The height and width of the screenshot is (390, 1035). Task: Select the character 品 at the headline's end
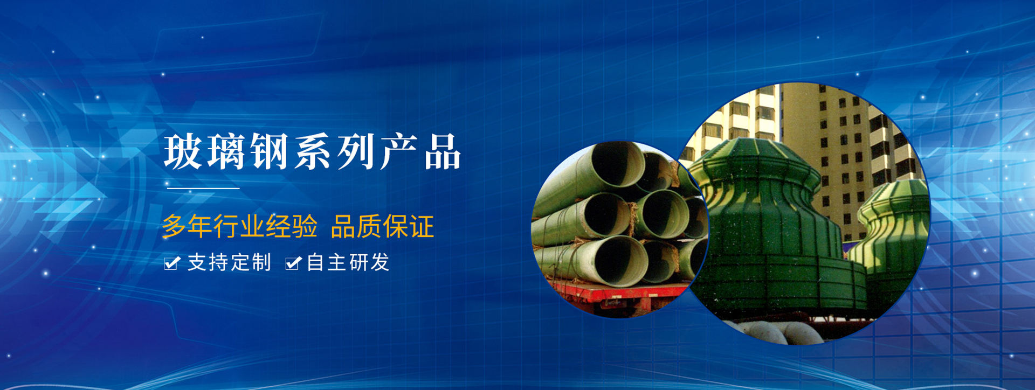(x=443, y=152)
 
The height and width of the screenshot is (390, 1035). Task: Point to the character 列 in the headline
(x=356, y=152)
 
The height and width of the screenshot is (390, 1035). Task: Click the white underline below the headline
(x=203, y=189)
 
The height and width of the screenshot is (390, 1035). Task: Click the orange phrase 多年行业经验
(x=240, y=226)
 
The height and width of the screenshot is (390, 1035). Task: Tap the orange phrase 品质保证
(x=382, y=226)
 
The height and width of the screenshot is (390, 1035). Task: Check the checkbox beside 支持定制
(x=172, y=263)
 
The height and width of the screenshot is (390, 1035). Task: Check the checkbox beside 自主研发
(x=293, y=263)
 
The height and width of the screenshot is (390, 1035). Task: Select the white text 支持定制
(x=229, y=263)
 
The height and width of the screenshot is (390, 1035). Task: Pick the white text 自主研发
(x=348, y=263)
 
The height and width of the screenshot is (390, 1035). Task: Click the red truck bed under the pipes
(x=620, y=295)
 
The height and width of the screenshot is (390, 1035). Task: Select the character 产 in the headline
(x=399, y=152)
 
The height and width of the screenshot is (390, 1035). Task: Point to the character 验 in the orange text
(x=305, y=226)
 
